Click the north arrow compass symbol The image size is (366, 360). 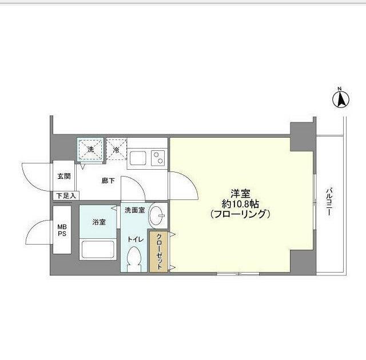coord(340,99)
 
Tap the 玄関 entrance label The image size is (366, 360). coord(63,176)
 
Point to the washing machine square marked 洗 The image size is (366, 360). coord(90,150)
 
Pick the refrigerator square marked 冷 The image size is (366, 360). coord(116,150)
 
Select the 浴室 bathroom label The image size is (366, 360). coord(98,222)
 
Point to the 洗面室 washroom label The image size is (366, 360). coord(136,210)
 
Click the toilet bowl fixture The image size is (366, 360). coord(135,259)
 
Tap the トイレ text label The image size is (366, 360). coord(135,239)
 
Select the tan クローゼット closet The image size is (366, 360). coord(159,251)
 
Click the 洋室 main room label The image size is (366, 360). coord(239,194)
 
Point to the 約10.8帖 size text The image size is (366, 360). coord(239,204)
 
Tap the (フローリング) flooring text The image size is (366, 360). coord(239,215)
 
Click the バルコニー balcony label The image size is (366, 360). coord(330,203)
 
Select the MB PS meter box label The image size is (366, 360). coord(62,230)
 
